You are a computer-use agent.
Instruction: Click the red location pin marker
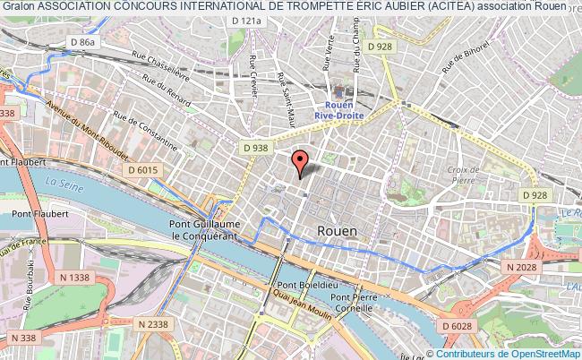(300, 161)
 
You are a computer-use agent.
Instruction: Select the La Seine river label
(62, 182)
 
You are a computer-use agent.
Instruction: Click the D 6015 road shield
(141, 169)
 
